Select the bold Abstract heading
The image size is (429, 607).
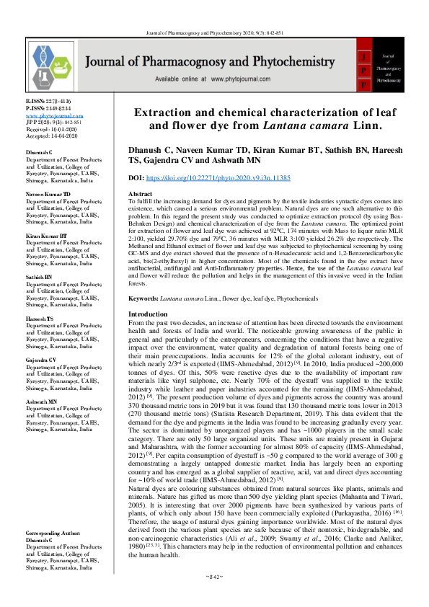click(x=140, y=195)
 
